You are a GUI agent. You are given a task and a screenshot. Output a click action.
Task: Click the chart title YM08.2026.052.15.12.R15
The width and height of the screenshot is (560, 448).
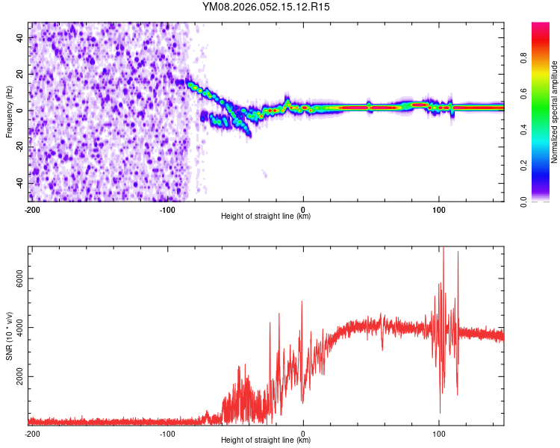[267, 7]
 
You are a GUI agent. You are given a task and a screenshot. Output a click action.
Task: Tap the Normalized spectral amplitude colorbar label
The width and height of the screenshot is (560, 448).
[554, 112]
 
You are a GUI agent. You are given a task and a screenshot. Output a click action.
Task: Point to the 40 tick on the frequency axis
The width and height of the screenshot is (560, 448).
[20, 37]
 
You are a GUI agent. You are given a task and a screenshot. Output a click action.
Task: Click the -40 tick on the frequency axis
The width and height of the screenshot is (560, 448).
[19, 184]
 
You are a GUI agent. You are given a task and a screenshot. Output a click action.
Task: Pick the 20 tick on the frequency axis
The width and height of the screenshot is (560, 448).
[20, 74]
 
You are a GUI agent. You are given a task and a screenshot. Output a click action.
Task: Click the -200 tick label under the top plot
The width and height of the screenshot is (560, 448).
[32, 209]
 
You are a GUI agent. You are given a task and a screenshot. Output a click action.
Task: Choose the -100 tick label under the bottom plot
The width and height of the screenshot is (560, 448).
[167, 433]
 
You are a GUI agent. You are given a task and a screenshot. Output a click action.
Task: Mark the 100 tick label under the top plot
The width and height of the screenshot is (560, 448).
[438, 209]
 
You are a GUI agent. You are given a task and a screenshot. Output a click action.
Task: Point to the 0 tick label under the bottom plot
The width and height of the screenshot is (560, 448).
[303, 433]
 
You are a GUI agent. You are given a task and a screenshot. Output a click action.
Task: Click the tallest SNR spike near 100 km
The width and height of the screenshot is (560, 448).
[444, 249]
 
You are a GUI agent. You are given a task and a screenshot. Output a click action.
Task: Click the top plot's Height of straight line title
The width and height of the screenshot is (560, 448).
[266, 217]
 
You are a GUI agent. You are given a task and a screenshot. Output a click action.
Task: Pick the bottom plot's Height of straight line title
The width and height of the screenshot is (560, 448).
[266, 441]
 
